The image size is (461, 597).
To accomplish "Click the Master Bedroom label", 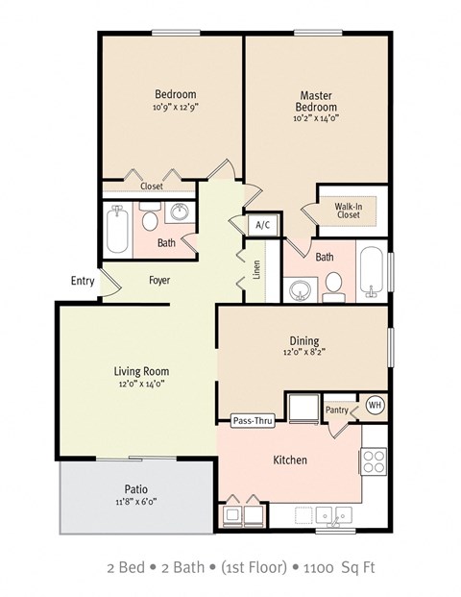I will pos(315,102).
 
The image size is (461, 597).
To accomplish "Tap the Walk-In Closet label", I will pos(348,210).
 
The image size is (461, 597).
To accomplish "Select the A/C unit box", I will pos(262,225).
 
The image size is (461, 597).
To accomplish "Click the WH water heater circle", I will pos(375,406).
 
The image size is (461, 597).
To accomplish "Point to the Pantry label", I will pos(336,410).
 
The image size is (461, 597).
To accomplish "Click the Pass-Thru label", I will pos(252,420).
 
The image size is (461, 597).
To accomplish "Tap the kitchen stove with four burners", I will pos(374,460).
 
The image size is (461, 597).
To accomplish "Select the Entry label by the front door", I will pos(83,281).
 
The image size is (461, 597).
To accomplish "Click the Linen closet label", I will pos(256,270).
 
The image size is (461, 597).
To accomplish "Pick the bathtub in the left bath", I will pos(119,229).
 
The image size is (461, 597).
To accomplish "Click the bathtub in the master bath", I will pos(372,270).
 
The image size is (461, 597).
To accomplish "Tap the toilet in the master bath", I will pos(333,285).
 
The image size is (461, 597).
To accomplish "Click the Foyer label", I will pos(159,281).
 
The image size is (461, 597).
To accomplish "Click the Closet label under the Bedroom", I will pos(151,187).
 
